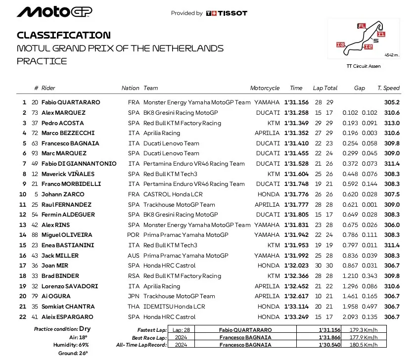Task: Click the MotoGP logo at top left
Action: click(x=54, y=12)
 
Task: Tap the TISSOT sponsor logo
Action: click(x=226, y=13)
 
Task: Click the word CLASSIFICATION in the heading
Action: click(x=64, y=35)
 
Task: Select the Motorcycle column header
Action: click(x=265, y=88)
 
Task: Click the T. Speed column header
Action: click(x=388, y=88)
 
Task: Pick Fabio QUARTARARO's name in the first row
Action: click(x=71, y=102)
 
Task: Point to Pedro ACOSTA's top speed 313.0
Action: click(x=391, y=123)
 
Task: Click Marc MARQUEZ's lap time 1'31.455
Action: click(x=296, y=153)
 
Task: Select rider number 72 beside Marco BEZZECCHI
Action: click(x=35, y=133)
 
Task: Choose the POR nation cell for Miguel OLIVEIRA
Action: click(x=134, y=235)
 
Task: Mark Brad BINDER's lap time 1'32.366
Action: click(x=296, y=276)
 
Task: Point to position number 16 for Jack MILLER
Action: click(x=22, y=256)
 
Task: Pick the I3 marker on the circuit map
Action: click(x=340, y=45)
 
